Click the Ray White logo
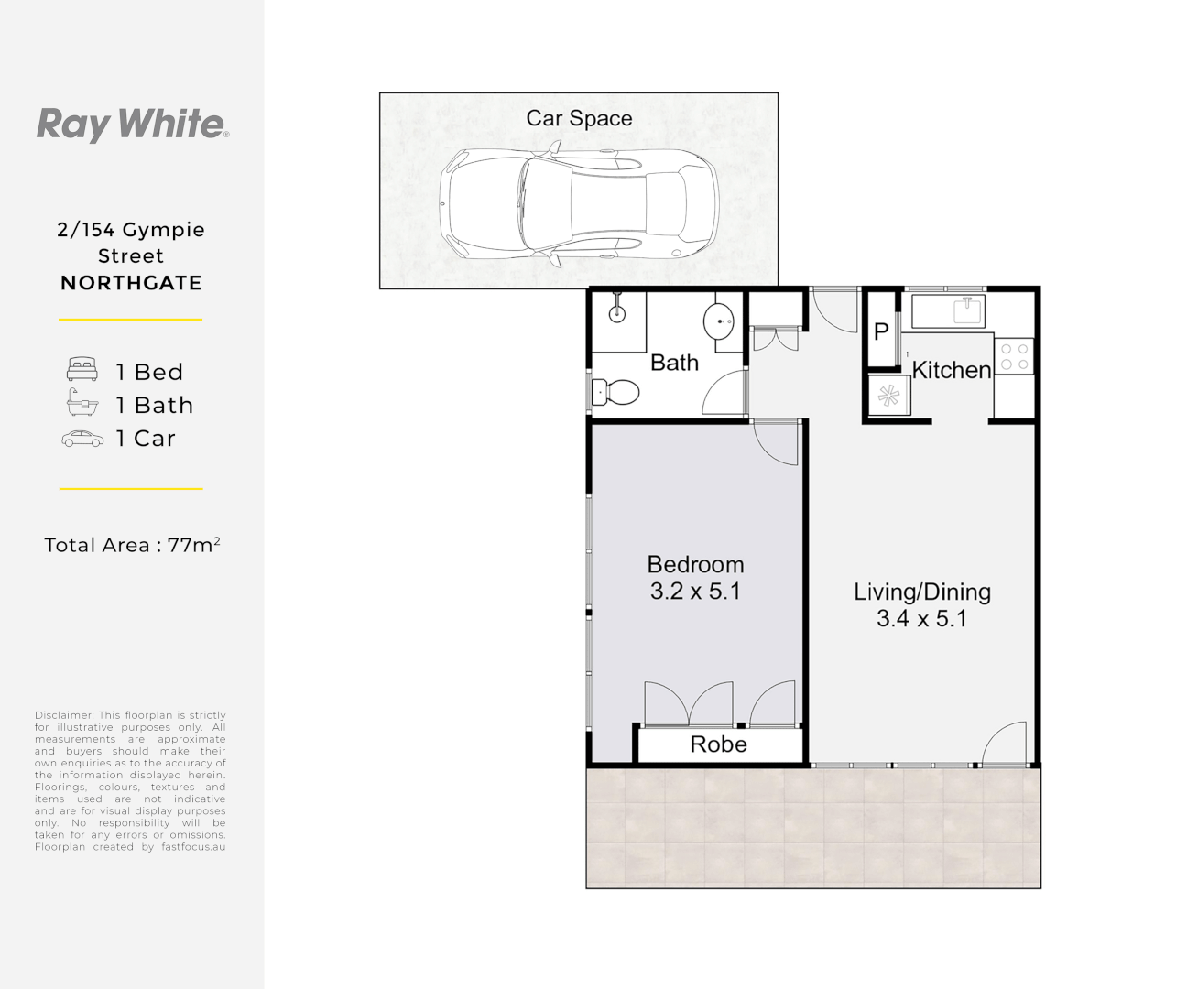[x=132, y=124]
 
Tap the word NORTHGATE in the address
[x=131, y=283]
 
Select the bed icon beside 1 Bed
[x=82, y=370]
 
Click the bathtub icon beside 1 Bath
[x=82, y=403]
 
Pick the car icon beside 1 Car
[x=82, y=439]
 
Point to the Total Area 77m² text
[x=132, y=545]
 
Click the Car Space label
[x=579, y=118]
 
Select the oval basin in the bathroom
[x=719, y=321]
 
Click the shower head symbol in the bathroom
[x=617, y=311]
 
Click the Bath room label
[x=674, y=363]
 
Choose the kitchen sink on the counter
[x=967, y=310]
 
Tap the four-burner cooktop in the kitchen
[x=1014, y=356]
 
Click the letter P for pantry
[x=881, y=331]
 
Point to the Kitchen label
[x=952, y=370]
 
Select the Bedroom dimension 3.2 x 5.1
[x=695, y=592]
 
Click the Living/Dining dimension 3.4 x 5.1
[x=921, y=619]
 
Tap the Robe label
[x=718, y=744]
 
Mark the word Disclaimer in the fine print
[x=63, y=715]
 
